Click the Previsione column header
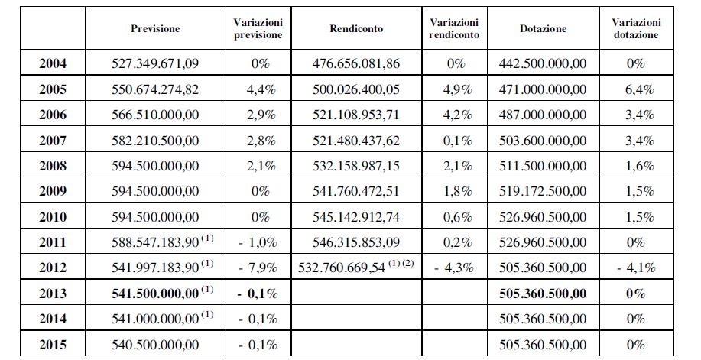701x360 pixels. point(155,28)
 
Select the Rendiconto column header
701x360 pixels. point(356,28)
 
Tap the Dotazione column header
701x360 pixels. point(544,28)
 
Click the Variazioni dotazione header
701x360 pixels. point(636,28)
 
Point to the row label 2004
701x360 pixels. point(52,63)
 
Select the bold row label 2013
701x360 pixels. point(52,294)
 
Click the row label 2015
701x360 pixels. point(52,345)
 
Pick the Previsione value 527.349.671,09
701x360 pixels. point(155,63)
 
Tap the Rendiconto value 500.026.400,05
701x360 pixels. point(356,89)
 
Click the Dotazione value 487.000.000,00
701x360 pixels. point(543,115)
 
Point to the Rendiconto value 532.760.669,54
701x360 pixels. point(342,268)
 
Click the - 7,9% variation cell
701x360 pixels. point(258,268)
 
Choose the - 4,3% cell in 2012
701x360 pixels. point(454,268)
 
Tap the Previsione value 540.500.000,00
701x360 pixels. point(155,345)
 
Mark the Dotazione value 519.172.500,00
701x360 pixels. point(543,191)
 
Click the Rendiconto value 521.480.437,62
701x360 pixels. point(356,141)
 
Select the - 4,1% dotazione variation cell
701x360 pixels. point(636,268)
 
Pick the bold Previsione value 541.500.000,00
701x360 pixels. point(155,294)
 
